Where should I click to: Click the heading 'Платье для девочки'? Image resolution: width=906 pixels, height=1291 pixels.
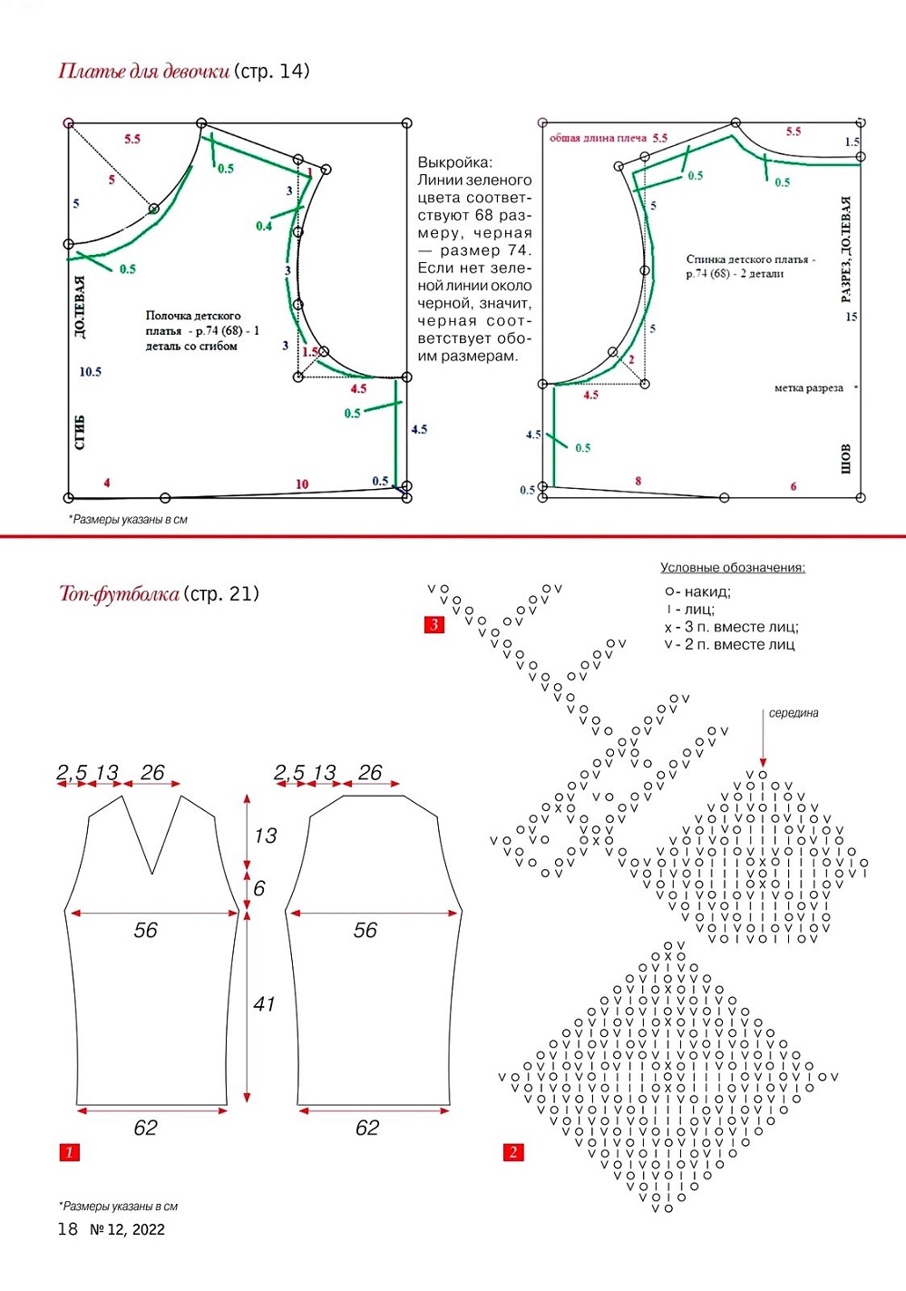[144, 72]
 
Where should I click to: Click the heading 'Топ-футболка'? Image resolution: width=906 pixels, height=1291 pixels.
[119, 593]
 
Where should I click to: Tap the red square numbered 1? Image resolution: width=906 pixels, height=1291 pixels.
[69, 1152]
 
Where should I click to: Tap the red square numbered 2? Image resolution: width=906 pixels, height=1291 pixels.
[513, 1152]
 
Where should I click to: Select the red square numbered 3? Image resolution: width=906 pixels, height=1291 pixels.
[434, 625]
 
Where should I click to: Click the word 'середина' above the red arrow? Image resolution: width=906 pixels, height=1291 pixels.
[794, 713]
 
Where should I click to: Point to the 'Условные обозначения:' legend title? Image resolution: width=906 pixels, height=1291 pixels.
[733, 568]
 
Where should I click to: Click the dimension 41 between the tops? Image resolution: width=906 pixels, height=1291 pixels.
[265, 1004]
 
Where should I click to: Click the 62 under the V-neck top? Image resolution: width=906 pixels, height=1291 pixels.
[145, 1128]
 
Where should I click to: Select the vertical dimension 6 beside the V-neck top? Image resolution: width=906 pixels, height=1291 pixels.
[259, 889]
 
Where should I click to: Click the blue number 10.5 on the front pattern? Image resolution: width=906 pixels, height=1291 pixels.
[91, 372]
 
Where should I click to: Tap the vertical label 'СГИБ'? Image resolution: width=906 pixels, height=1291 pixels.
[80, 432]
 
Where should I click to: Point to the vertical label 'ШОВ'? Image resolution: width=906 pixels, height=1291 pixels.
[845, 459]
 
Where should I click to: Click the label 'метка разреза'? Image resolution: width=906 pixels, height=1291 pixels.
[809, 388]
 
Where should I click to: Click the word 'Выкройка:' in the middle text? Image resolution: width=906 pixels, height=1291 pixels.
[455, 162]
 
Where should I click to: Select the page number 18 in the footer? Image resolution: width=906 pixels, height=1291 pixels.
[67, 1229]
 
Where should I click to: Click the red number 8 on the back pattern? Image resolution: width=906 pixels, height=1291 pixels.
[638, 481]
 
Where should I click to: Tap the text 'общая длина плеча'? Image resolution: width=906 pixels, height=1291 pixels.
[598, 138]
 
